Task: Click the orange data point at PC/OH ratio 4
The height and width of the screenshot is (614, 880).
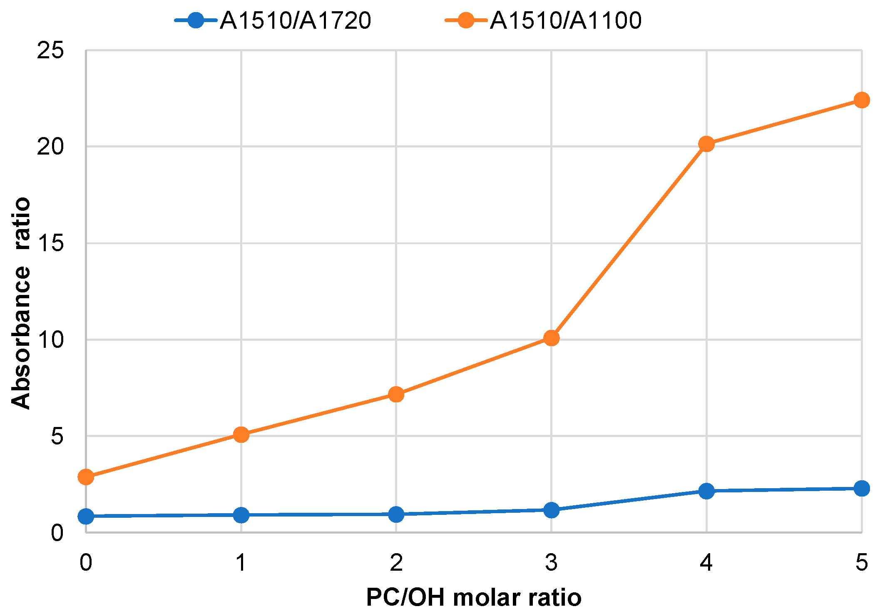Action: tap(706, 144)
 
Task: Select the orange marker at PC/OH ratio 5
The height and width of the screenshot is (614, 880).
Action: tap(861, 100)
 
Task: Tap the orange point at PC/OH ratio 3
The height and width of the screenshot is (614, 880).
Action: tap(551, 338)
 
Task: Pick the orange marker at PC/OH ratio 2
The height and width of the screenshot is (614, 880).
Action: tap(396, 394)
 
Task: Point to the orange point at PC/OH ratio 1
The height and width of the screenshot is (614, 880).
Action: tap(241, 435)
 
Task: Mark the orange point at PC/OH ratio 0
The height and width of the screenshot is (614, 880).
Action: tap(86, 477)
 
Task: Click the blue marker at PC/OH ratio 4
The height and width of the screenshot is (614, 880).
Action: tap(706, 491)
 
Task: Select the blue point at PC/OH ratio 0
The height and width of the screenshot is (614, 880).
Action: tap(86, 517)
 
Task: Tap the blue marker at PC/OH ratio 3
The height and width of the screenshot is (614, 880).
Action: tap(551, 510)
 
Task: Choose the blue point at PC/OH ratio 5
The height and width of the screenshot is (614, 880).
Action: tap(861, 488)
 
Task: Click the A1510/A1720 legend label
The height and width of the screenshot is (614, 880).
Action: tap(296, 20)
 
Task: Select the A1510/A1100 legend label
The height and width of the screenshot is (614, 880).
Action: tap(566, 20)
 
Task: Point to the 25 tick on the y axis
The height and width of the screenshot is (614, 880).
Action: tap(50, 50)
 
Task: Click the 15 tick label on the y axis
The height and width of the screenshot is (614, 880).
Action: tap(50, 243)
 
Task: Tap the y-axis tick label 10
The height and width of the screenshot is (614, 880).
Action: tap(50, 339)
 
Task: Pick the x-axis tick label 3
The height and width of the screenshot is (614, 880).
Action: tap(551, 563)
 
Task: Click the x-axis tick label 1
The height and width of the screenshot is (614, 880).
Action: tap(241, 563)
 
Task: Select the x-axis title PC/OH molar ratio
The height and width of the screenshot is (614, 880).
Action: tap(473, 598)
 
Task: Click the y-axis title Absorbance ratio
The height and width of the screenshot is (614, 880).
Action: tap(20, 303)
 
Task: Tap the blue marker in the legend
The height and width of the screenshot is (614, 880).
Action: tap(196, 20)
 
